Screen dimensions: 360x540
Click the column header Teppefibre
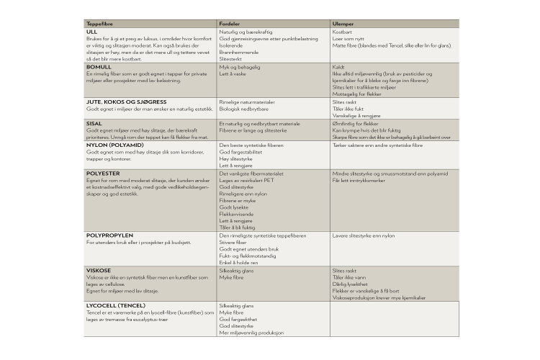point(99,24)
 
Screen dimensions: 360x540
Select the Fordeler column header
point(230,24)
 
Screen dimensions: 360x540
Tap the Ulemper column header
point(342,24)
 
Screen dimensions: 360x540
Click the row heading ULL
point(91,32)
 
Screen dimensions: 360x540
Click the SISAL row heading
point(94,123)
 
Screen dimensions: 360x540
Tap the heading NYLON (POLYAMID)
point(114,145)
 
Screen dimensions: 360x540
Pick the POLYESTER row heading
point(103,174)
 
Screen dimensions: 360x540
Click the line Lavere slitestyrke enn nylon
point(364,235)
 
